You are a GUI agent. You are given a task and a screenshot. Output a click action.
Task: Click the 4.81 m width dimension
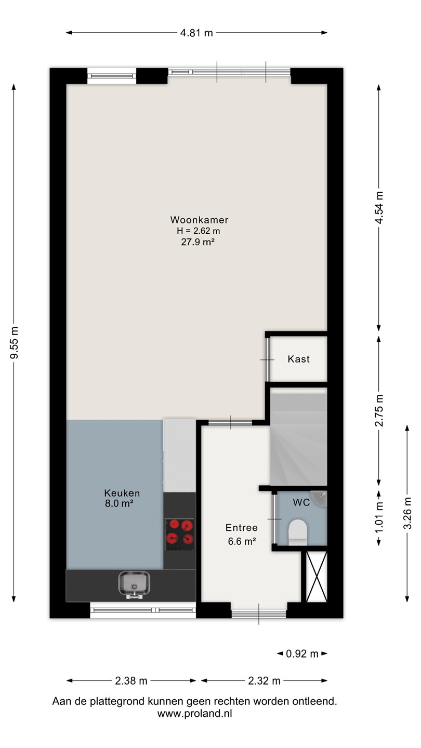coord(196,33)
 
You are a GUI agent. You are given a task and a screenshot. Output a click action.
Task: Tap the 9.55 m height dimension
coord(14,342)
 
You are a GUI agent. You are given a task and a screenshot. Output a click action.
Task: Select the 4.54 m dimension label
coord(379,208)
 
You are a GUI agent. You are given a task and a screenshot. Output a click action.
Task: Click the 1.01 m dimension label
coord(379,518)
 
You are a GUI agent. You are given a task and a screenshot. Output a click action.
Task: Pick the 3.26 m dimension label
coord(407,513)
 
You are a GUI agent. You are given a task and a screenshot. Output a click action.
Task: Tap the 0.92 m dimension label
coord(302,653)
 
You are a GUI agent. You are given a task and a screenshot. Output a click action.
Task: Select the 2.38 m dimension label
coord(131,680)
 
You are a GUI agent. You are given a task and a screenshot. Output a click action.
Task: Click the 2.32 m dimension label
coord(264,680)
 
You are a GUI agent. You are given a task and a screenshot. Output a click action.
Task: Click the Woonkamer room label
coord(199,220)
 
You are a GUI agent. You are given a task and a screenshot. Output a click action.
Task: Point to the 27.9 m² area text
coord(198,242)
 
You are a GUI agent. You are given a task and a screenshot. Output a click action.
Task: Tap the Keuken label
coord(122,493)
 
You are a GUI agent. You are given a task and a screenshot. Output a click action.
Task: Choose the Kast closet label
coord(299,359)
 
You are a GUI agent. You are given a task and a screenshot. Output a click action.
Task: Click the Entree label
coord(242,528)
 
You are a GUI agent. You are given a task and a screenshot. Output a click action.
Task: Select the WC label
coord(301,502)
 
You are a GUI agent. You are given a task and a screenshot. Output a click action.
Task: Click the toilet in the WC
coord(298,532)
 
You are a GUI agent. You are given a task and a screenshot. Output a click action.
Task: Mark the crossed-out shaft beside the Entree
coord(317,577)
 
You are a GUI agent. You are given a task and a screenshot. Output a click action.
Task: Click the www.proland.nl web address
coord(194,713)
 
